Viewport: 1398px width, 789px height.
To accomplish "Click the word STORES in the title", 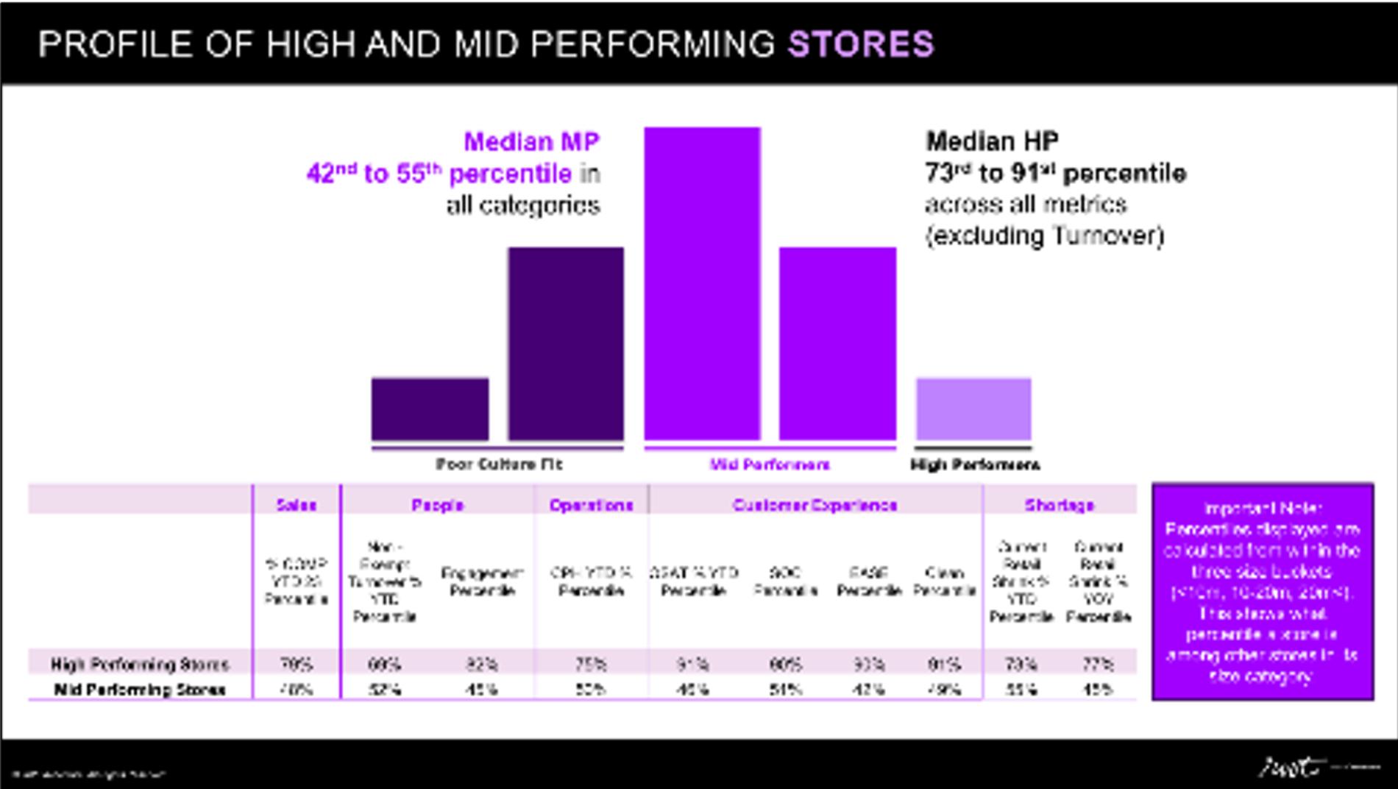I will click(x=861, y=44).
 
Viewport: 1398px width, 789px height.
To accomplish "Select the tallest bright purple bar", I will click(x=702, y=283).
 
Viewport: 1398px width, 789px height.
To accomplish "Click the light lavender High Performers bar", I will click(x=973, y=408).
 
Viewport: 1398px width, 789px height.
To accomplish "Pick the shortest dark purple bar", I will click(x=430, y=409).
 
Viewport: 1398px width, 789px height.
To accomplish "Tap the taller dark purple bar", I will click(x=566, y=343).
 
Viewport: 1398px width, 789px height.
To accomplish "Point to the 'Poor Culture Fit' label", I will click(x=499, y=464).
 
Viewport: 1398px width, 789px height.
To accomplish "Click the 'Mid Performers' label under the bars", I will click(x=770, y=464).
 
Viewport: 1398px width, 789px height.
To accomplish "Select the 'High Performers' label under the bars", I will click(x=975, y=464).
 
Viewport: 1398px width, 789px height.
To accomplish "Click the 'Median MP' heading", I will click(x=531, y=141).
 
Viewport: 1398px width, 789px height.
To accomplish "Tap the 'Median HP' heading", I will click(x=992, y=141).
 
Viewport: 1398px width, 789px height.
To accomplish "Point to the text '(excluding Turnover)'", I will click(x=1045, y=236).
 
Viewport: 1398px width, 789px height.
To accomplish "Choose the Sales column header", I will click(x=296, y=505).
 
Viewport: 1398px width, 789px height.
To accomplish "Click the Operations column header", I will click(x=591, y=505).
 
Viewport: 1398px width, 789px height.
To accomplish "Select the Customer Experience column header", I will click(x=815, y=505).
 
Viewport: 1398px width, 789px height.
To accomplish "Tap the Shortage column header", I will click(x=1059, y=505).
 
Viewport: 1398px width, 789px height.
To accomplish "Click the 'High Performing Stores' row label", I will click(x=140, y=665).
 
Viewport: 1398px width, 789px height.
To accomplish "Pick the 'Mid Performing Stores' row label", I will click(x=140, y=690).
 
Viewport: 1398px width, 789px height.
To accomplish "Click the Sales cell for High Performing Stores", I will click(x=296, y=665).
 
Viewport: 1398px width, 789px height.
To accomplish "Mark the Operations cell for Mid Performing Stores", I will click(x=591, y=690).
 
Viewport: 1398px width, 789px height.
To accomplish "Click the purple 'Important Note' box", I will click(x=1262, y=591).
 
